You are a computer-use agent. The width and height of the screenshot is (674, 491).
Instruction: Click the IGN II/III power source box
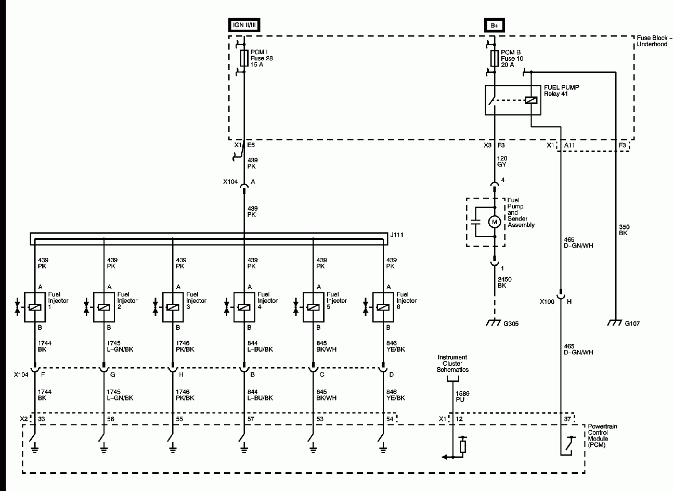[x=244, y=24]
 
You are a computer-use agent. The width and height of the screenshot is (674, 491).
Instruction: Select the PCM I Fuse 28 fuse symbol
[x=244, y=58]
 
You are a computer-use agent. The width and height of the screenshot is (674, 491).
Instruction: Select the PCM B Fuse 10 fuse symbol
[x=494, y=58]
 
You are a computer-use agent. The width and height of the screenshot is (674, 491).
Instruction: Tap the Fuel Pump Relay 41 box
[x=512, y=100]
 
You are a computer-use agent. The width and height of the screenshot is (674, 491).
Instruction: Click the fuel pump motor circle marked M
[x=494, y=222]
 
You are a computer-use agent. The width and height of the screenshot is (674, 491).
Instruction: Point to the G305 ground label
[x=511, y=324]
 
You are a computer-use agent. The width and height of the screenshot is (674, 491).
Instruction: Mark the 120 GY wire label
[x=501, y=161]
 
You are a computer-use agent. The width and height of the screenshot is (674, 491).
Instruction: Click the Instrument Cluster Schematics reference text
[x=452, y=364]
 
